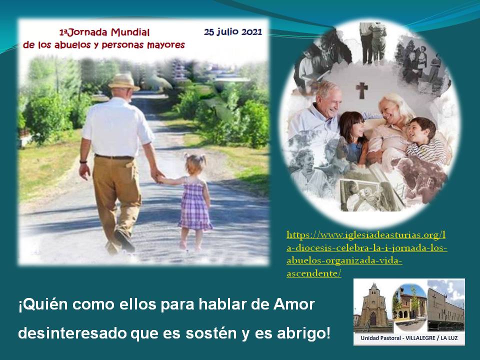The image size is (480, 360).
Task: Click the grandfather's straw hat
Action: coord(124,81)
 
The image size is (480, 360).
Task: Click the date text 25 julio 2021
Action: coord(233,32)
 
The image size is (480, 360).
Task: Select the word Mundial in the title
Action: coord(130,32)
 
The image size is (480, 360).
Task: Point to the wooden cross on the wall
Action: coord(361,89)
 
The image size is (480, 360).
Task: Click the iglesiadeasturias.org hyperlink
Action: coord(366,254)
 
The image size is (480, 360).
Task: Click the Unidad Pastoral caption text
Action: coord(409,338)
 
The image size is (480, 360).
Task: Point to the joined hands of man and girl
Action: coord(158,178)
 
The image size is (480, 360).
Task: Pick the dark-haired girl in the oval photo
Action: coord(352,134)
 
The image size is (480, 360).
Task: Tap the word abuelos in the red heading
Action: coord(72,45)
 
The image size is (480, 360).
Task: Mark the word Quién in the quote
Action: coord(43,304)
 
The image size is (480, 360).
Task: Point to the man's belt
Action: coord(114,157)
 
